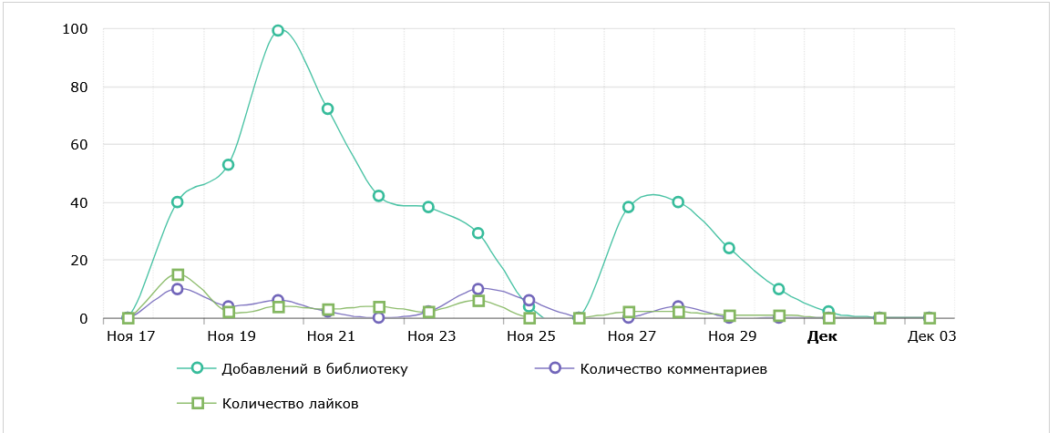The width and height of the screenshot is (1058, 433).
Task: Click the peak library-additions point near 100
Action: point(278,30)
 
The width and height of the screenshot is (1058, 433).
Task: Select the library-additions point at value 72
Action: point(328,108)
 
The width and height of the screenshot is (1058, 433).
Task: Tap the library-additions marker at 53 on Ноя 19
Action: point(228,165)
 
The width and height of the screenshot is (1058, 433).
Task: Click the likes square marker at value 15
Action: point(178,274)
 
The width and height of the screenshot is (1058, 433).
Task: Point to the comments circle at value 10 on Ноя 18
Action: point(178,289)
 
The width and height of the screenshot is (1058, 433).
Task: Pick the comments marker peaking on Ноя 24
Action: point(478,289)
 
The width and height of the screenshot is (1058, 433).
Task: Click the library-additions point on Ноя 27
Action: point(629,207)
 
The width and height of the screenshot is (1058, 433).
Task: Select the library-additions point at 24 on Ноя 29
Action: point(729,248)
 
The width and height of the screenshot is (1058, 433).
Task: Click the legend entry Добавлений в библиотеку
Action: point(313,369)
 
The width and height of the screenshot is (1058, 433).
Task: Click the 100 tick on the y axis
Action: point(75,29)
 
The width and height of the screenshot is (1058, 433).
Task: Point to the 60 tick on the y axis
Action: point(78,145)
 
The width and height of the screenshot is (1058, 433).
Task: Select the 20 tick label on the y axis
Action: point(78,261)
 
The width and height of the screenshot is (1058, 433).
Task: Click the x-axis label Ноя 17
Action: point(128,336)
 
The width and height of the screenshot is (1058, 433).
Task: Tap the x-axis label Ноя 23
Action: point(430,336)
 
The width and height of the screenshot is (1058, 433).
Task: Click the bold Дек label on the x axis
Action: point(822,336)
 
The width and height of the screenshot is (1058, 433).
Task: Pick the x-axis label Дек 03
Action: point(931,336)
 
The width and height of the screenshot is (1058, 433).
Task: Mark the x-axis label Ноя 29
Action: point(732,336)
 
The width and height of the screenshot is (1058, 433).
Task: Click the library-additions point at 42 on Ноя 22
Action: point(378,196)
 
